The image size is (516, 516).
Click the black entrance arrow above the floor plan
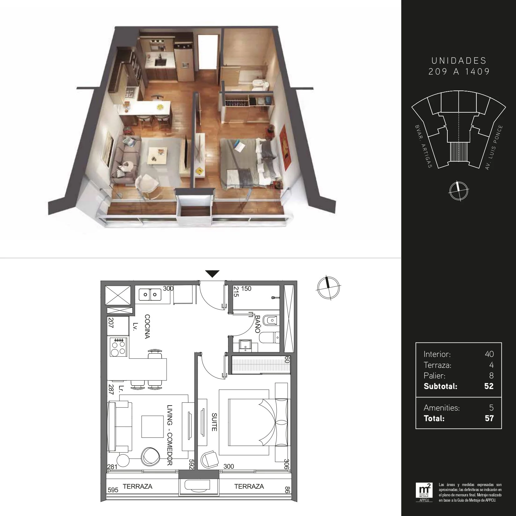(213, 274)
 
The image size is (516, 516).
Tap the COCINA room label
(147, 327)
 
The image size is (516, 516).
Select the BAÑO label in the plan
(258, 324)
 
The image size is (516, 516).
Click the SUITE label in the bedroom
(214, 422)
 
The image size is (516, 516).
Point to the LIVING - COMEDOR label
(170, 435)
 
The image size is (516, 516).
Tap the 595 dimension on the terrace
(113, 490)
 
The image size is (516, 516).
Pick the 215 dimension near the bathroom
(236, 292)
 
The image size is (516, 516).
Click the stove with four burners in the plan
(119, 347)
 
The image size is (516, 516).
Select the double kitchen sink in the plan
(149, 294)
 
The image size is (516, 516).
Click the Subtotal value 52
(489, 386)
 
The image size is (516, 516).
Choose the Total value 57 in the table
(489, 418)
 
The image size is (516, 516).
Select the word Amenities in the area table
(441, 408)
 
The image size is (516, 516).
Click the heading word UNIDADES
(459, 61)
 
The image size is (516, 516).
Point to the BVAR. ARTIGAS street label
(423, 146)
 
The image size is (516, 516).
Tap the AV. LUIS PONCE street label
(494, 147)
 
